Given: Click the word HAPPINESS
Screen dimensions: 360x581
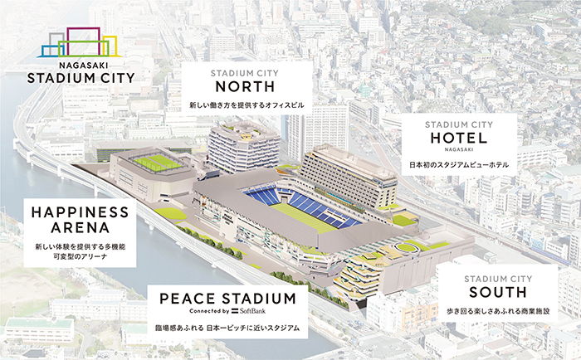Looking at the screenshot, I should pyautogui.click(x=80, y=212).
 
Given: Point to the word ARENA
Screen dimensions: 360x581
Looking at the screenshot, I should pyautogui.click(x=80, y=228).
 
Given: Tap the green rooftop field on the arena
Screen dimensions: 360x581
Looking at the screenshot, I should pyautogui.click(x=156, y=163).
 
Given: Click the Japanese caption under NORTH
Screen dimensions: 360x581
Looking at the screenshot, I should pyautogui.click(x=247, y=105).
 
